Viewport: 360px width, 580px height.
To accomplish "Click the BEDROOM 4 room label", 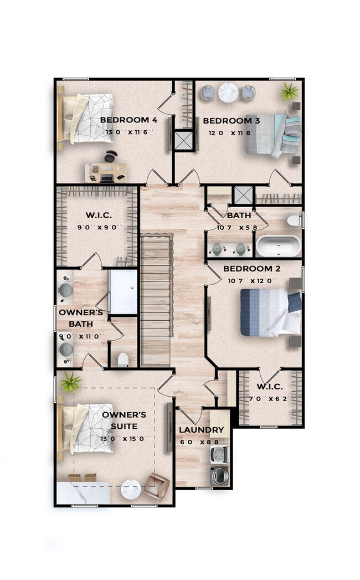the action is (128, 120).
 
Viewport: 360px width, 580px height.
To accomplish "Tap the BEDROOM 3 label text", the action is (232, 121).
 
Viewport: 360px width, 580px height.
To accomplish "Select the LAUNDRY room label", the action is (202, 430).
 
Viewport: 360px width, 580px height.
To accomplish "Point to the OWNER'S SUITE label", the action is (124, 420).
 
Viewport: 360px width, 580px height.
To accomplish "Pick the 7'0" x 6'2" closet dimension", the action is (270, 399).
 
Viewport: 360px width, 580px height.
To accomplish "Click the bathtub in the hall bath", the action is (279, 245).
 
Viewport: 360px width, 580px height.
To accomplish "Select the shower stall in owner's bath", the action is (123, 292).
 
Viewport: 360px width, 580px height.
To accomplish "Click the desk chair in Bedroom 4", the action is (111, 156).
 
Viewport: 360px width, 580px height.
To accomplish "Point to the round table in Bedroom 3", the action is (228, 92).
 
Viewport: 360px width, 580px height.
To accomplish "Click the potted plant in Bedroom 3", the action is (289, 91).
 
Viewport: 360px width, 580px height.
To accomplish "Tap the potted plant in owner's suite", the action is (71, 382).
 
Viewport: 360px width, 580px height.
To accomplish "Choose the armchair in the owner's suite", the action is (157, 486).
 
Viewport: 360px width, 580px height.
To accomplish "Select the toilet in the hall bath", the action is (295, 221).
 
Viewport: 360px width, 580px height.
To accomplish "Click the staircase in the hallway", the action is (156, 300).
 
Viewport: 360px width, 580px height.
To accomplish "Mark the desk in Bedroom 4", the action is (106, 173).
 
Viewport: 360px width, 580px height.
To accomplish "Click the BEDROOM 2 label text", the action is (252, 269).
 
